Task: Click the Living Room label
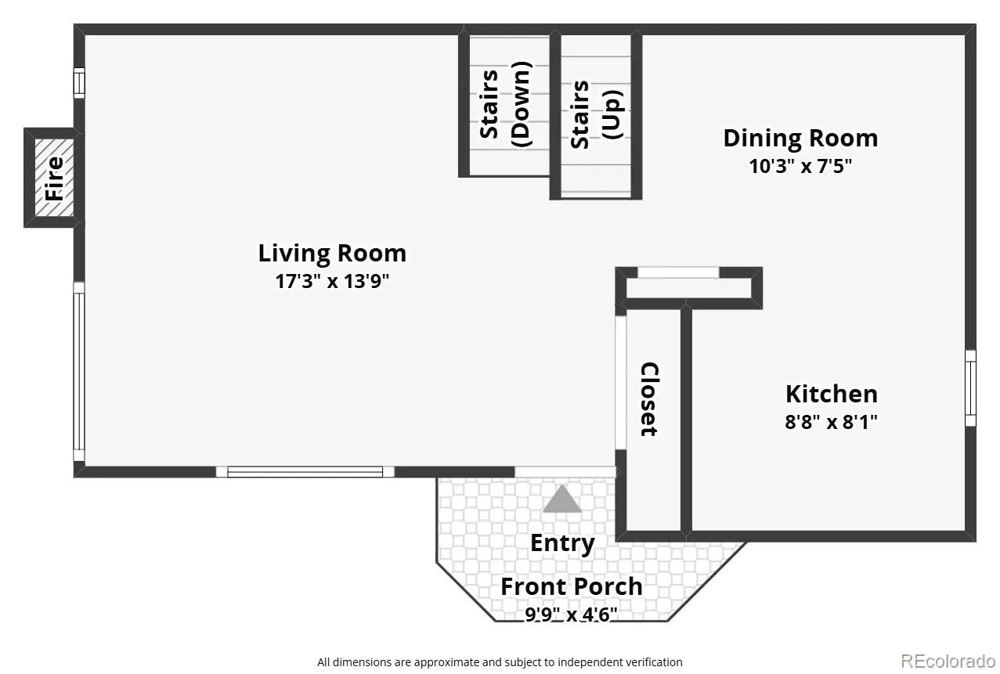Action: point(332,253)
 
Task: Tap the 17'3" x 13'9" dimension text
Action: point(332,281)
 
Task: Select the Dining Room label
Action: point(800,138)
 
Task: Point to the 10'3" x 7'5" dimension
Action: point(800,166)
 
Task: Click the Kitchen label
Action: point(832,394)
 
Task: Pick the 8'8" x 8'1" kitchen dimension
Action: point(832,422)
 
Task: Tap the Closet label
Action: point(649,399)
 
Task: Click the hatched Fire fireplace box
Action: point(55,178)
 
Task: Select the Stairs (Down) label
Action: point(505,104)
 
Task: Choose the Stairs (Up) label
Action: point(597,115)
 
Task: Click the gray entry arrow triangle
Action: point(562,499)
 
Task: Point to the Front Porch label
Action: point(572,586)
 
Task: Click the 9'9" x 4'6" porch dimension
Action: point(571,615)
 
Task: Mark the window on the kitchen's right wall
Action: point(970,388)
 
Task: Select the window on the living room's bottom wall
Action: point(305,472)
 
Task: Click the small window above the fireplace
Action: point(79,82)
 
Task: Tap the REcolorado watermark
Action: point(948,661)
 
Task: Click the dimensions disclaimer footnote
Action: point(500,662)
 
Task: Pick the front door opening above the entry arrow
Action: point(565,472)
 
